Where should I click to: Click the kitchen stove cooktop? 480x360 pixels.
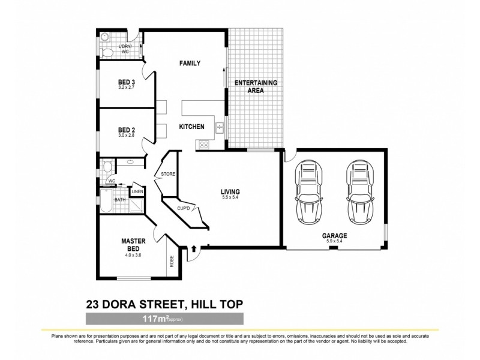[203, 144]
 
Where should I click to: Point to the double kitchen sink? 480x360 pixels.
[220, 127]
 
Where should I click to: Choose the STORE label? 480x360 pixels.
[167, 175]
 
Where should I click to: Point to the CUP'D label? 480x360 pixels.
[184, 208]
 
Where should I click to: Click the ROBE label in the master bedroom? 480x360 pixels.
[171, 262]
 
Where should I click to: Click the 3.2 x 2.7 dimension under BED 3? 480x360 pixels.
[126, 88]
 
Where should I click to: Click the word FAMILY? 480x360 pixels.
[190, 64]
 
